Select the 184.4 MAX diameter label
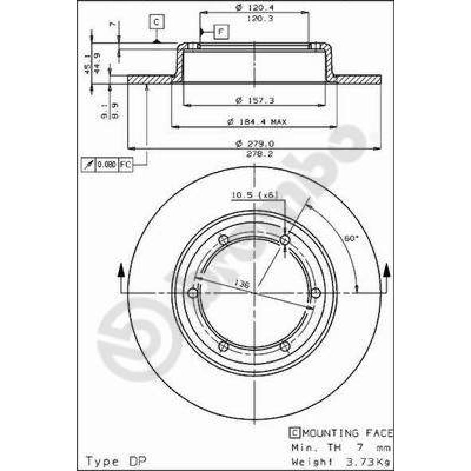(x=257, y=121)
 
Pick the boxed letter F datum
(x=221, y=31)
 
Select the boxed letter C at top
(x=157, y=22)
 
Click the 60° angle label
(x=351, y=238)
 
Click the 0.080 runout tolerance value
(x=106, y=165)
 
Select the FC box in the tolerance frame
(x=125, y=165)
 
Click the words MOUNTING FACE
(x=347, y=433)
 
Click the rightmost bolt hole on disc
(x=315, y=293)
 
